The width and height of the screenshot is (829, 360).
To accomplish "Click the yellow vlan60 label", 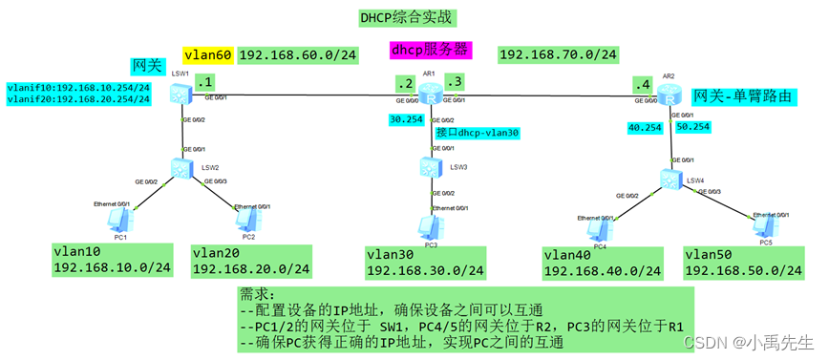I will click(x=207, y=56).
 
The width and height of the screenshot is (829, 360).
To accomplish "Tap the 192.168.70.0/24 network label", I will click(x=559, y=55).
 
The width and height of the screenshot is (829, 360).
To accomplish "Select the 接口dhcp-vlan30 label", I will click(x=477, y=134).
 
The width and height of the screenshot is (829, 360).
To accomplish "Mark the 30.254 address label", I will click(x=408, y=119).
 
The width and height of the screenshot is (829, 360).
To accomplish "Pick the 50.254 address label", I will click(x=694, y=125).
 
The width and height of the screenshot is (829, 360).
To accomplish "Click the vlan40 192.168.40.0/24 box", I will click(x=603, y=262).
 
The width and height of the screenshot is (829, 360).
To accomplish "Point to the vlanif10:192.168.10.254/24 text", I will click(x=78, y=87).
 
